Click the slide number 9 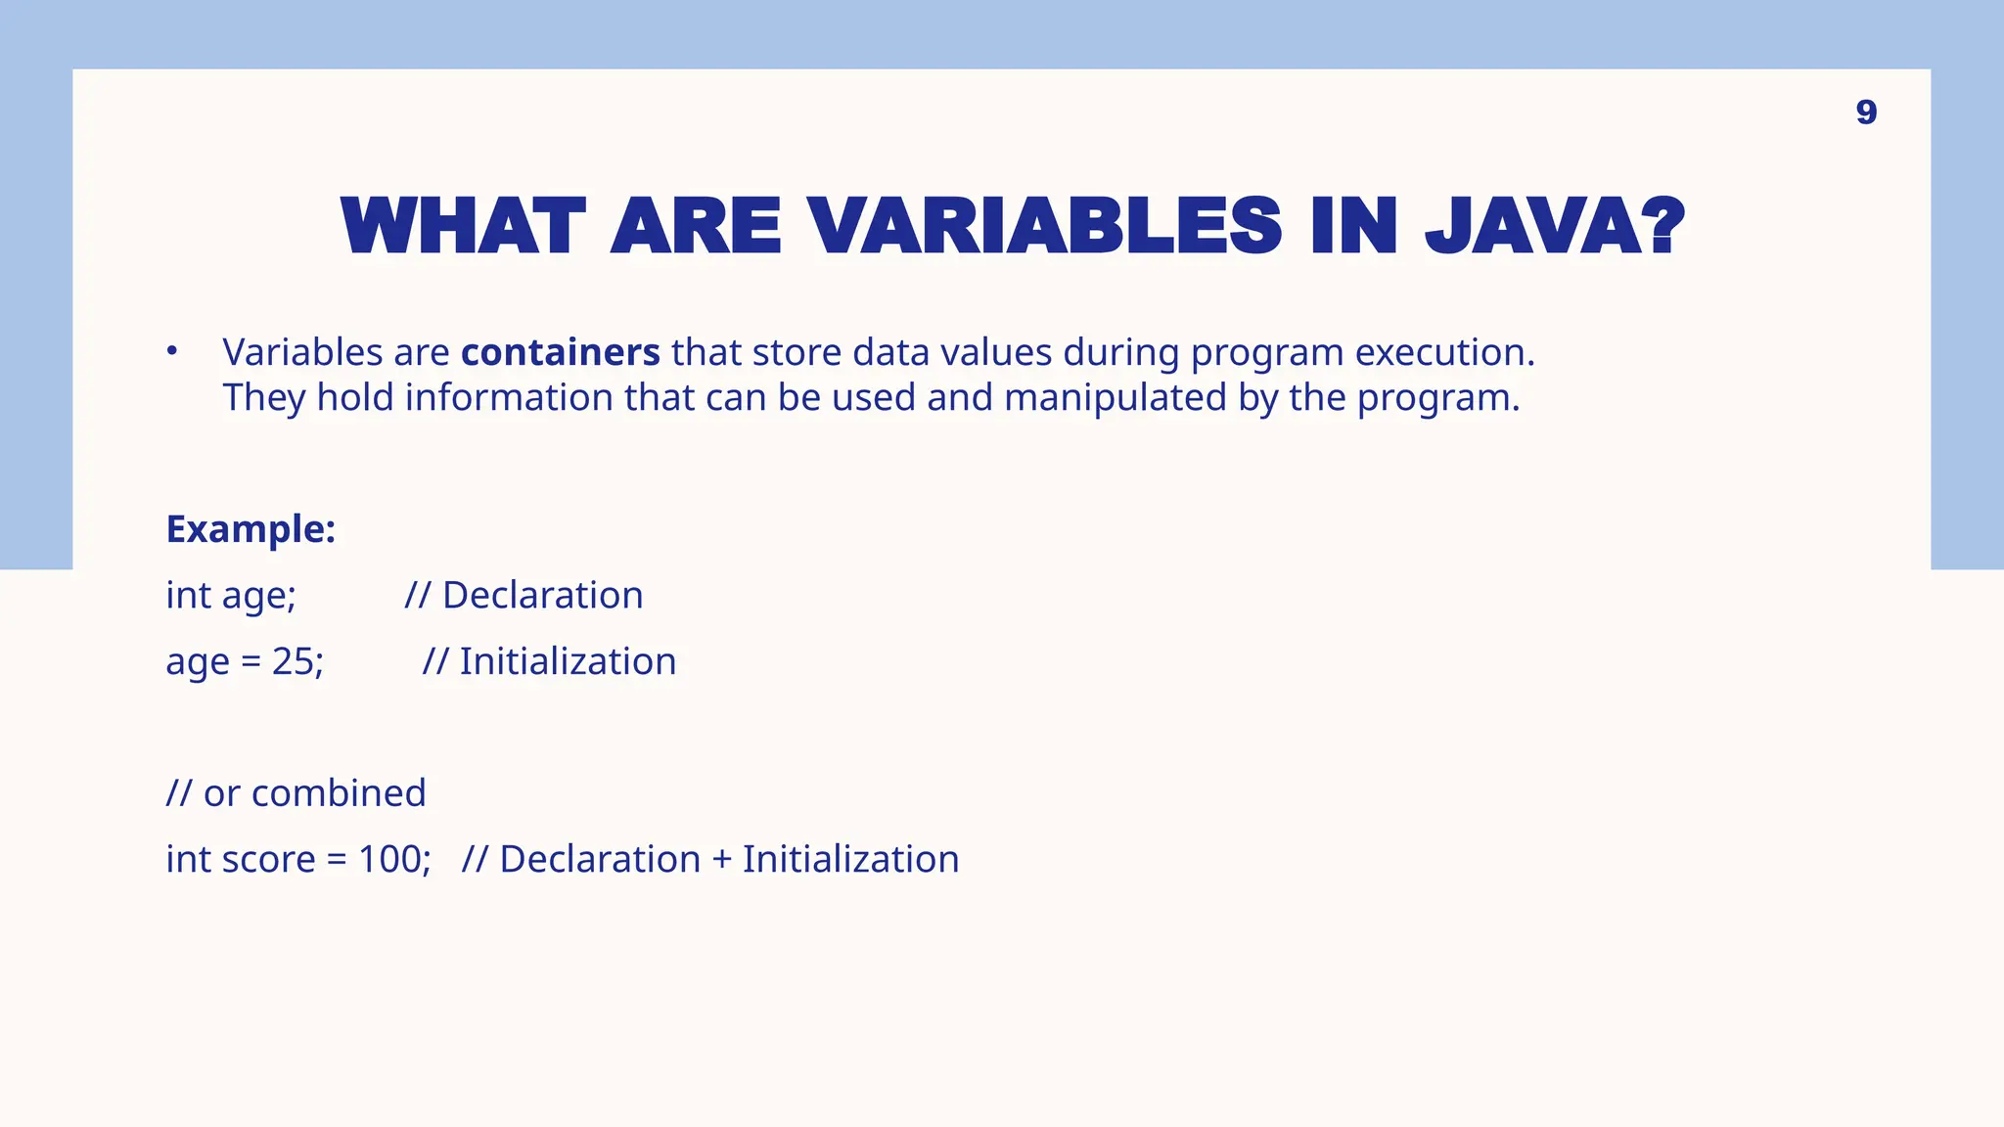point(1866,113)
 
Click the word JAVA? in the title point(1555,227)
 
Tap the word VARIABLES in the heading point(1045,227)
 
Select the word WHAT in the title point(463,227)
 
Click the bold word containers point(561,352)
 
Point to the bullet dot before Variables point(171,350)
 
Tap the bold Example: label point(250,529)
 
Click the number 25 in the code point(293,661)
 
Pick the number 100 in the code point(390,859)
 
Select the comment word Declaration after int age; point(542,595)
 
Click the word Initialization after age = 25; point(568,661)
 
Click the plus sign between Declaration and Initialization point(721,860)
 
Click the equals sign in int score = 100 point(337,860)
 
